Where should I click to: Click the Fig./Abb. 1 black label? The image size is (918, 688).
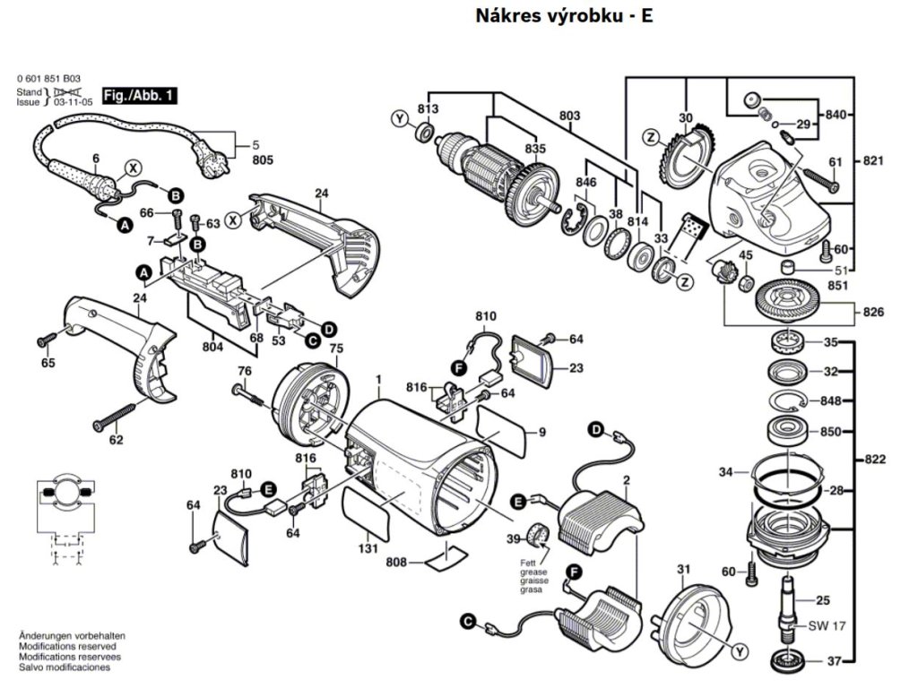pyautogui.click(x=139, y=95)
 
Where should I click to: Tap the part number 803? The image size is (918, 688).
pyautogui.click(x=569, y=116)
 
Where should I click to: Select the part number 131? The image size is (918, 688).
pyautogui.click(x=368, y=549)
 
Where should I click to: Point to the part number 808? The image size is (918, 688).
pyautogui.click(x=395, y=563)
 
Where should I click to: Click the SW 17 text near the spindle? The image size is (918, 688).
pyautogui.click(x=827, y=626)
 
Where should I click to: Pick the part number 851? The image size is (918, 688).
pyautogui.click(x=838, y=286)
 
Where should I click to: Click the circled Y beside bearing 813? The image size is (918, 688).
pyautogui.click(x=400, y=119)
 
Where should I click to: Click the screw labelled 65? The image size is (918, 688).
pyautogui.click(x=47, y=339)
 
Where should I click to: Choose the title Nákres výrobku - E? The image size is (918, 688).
pyautogui.click(x=564, y=16)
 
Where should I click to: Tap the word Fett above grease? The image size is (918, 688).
pyautogui.click(x=528, y=563)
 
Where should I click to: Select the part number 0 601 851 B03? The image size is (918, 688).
pyautogui.click(x=49, y=79)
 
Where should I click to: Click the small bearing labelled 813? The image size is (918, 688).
pyautogui.click(x=424, y=131)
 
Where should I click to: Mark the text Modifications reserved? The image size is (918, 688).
pyautogui.click(x=67, y=647)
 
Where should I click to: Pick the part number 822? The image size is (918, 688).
pyautogui.click(x=874, y=460)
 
